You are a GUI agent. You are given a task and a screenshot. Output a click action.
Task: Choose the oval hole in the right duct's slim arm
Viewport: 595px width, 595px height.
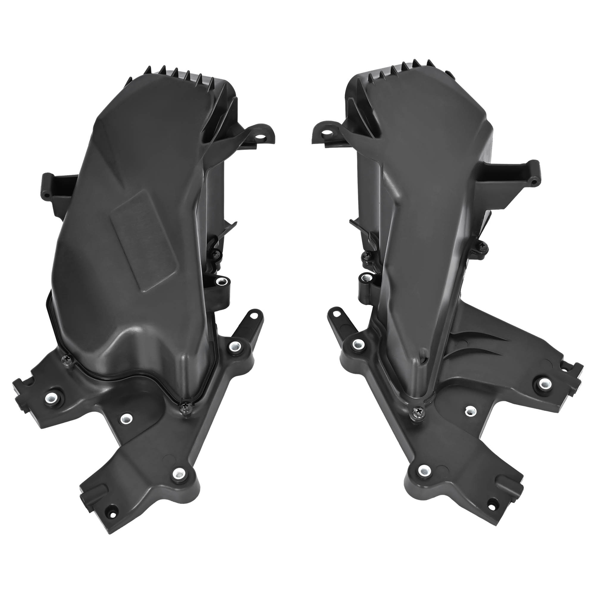(x=337, y=314)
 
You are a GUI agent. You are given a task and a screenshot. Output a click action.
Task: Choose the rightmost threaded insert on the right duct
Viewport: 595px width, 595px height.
(x=544, y=382)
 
